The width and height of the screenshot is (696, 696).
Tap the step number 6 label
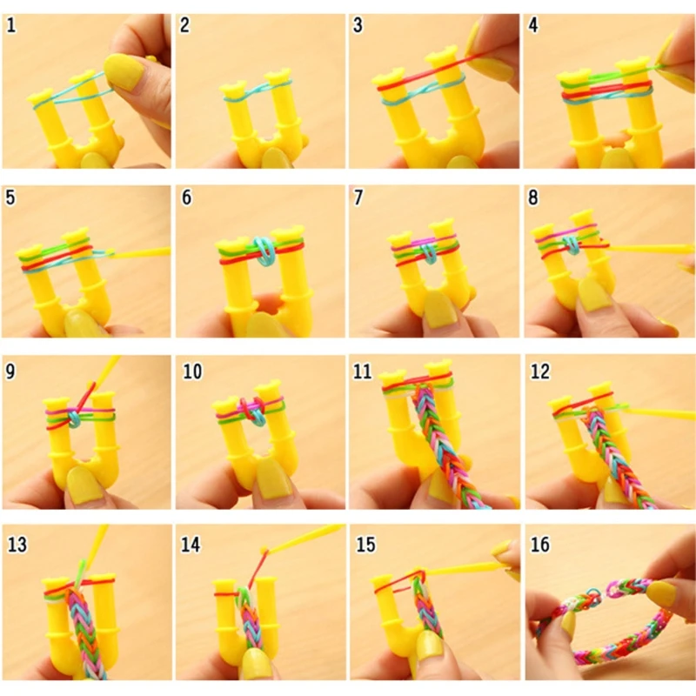pyautogui.click(x=186, y=197)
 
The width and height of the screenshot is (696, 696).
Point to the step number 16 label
pyautogui.click(x=539, y=545)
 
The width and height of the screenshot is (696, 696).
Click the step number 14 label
pyautogui.click(x=191, y=545)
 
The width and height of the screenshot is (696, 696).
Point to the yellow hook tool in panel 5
pyautogui.click(x=144, y=252)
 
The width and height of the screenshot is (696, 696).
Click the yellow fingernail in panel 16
pyautogui.click(x=661, y=595)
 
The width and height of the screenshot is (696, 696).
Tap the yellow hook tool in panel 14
pyautogui.click(x=300, y=535)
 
